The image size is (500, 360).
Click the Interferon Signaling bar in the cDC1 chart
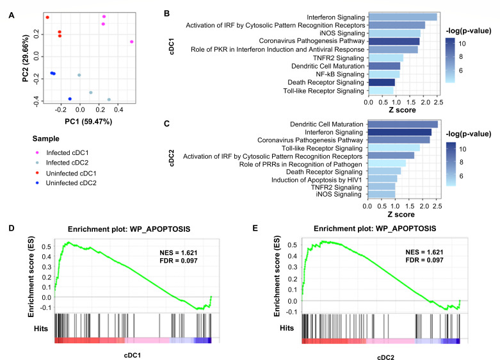point(403,17)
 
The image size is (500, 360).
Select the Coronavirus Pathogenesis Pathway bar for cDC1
point(394,41)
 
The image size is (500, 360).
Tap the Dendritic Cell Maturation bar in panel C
point(403,124)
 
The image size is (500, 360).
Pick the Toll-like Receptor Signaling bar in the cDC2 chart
point(394,148)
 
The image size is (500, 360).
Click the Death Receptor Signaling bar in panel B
point(382,83)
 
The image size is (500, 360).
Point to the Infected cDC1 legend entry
point(63,152)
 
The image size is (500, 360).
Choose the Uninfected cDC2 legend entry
point(66,183)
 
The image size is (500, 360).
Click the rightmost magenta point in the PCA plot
point(132,42)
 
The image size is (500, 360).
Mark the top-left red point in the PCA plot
point(47,17)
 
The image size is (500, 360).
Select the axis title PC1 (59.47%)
point(88,122)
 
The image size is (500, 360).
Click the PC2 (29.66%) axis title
point(26,58)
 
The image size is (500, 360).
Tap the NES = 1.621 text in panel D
point(179,253)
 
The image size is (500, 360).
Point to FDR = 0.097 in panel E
point(424,260)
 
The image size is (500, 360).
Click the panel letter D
point(12,228)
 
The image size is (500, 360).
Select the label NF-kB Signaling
point(340,74)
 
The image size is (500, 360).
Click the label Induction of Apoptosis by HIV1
point(317,180)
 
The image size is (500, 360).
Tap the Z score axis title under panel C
point(401,215)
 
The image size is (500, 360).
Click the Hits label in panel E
point(287,328)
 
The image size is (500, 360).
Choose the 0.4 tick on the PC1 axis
point(118,110)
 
